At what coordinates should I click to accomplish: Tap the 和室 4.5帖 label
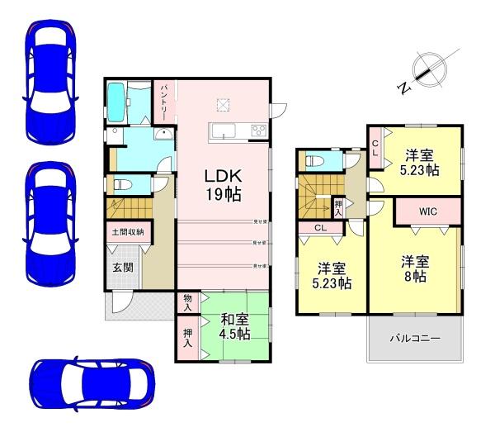(x=234, y=326)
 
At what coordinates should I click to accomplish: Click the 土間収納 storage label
(x=127, y=232)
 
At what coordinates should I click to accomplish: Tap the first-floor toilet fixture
(x=119, y=185)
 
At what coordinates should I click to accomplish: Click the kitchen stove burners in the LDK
(x=258, y=131)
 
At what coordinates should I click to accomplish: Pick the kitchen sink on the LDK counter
(x=224, y=131)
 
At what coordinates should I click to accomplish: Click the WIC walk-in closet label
(x=427, y=211)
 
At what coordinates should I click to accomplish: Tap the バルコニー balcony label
(x=414, y=339)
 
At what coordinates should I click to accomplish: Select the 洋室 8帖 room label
(x=416, y=268)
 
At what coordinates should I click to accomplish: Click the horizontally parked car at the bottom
(x=92, y=385)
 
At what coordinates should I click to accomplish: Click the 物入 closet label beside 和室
(x=187, y=302)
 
